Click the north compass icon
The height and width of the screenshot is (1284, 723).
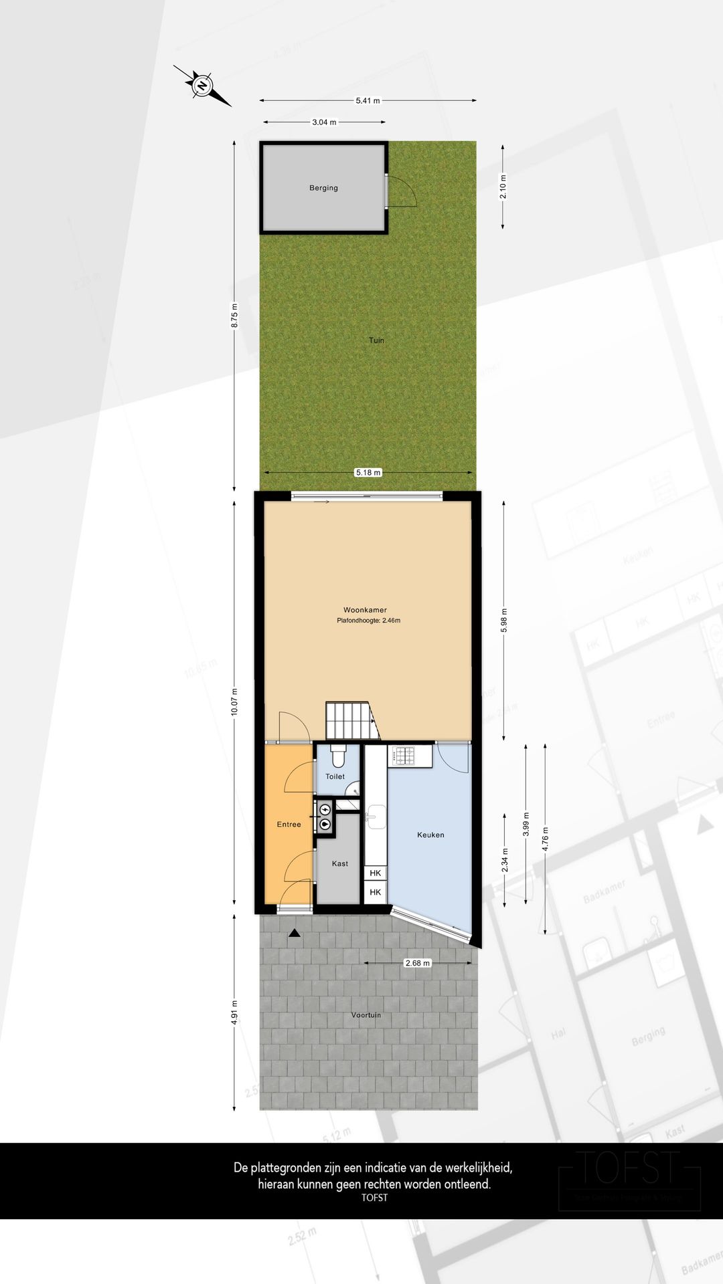pyautogui.click(x=202, y=86)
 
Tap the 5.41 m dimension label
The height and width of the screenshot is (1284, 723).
pyautogui.click(x=368, y=101)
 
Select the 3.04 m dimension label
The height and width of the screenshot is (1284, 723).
pyautogui.click(x=324, y=122)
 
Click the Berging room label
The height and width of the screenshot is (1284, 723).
pyautogui.click(x=323, y=188)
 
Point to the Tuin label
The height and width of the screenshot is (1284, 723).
pyautogui.click(x=376, y=340)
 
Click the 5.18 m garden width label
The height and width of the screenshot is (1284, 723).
pyautogui.click(x=368, y=472)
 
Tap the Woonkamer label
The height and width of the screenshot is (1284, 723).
pyautogui.click(x=365, y=610)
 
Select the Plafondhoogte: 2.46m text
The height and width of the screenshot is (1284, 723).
pyautogui.click(x=368, y=621)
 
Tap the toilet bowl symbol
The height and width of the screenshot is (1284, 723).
pyautogui.click(x=337, y=756)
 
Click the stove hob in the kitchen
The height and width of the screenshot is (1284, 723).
pyautogui.click(x=404, y=756)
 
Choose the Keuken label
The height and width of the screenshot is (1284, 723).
pyautogui.click(x=430, y=835)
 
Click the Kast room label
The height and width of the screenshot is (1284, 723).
pyautogui.click(x=340, y=863)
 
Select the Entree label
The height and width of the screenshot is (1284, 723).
pyautogui.click(x=289, y=825)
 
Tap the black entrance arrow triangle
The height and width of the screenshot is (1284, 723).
pyautogui.click(x=294, y=934)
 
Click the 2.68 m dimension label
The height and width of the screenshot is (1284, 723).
pyautogui.click(x=417, y=963)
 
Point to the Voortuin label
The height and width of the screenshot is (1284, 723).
pyautogui.click(x=366, y=1015)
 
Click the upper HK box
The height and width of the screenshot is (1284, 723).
pyautogui.click(x=376, y=873)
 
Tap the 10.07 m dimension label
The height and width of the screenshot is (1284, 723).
pyautogui.click(x=234, y=702)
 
